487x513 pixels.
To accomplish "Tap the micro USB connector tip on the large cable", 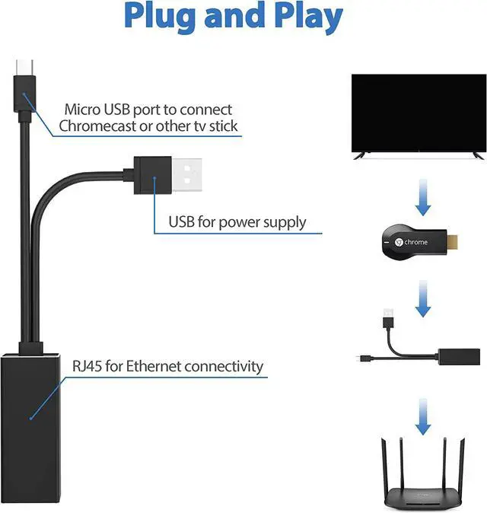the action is pos(24,70).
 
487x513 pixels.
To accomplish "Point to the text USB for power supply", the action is pos(237,222).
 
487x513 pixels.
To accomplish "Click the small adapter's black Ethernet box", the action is pos(460,356).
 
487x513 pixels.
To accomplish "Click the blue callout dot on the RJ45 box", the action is pos(31,417).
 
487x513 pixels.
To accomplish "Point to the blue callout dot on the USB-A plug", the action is pos(154,180).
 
